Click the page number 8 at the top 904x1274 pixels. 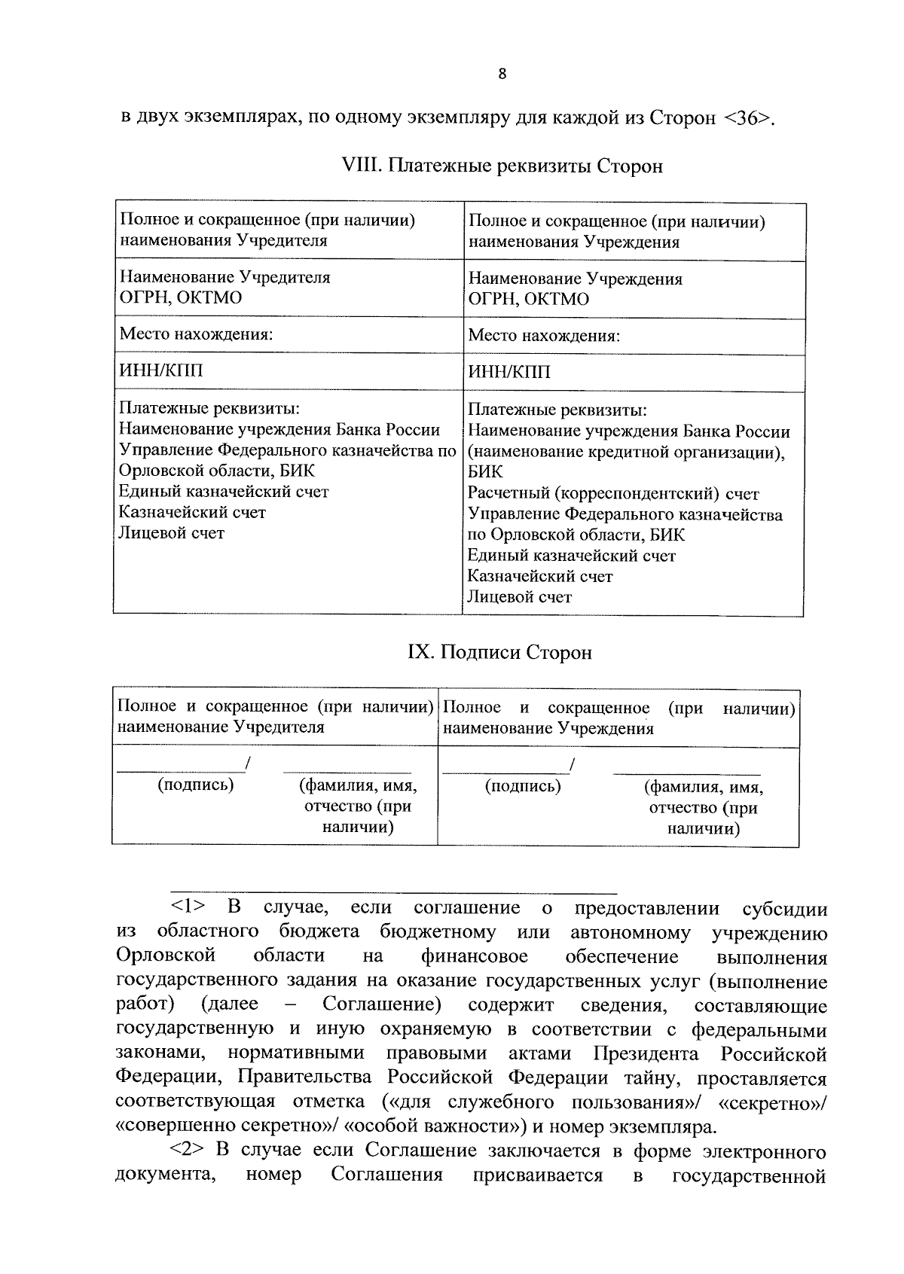pyautogui.click(x=502, y=74)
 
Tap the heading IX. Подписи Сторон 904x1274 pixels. pyautogui.click(x=499, y=652)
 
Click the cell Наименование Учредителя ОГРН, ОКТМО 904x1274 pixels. pyautogui.click(x=224, y=287)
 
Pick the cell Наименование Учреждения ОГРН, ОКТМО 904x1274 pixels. pyautogui.click(x=575, y=288)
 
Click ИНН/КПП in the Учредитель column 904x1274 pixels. pyautogui.click(x=161, y=370)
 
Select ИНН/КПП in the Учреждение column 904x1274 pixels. pyautogui.click(x=509, y=372)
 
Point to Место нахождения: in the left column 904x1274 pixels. pyautogui.click(x=196, y=334)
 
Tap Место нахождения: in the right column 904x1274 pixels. pyautogui.click(x=544, y=336)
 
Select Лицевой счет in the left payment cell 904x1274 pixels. pyautogui.click(x=172, y=533)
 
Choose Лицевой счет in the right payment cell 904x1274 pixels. pyautogui.click(x=519, y=597)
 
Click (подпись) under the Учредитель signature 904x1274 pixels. pyautogui.click(x=195, y=785)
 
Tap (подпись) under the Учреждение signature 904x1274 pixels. pyautogui.click(x=522, y=787)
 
